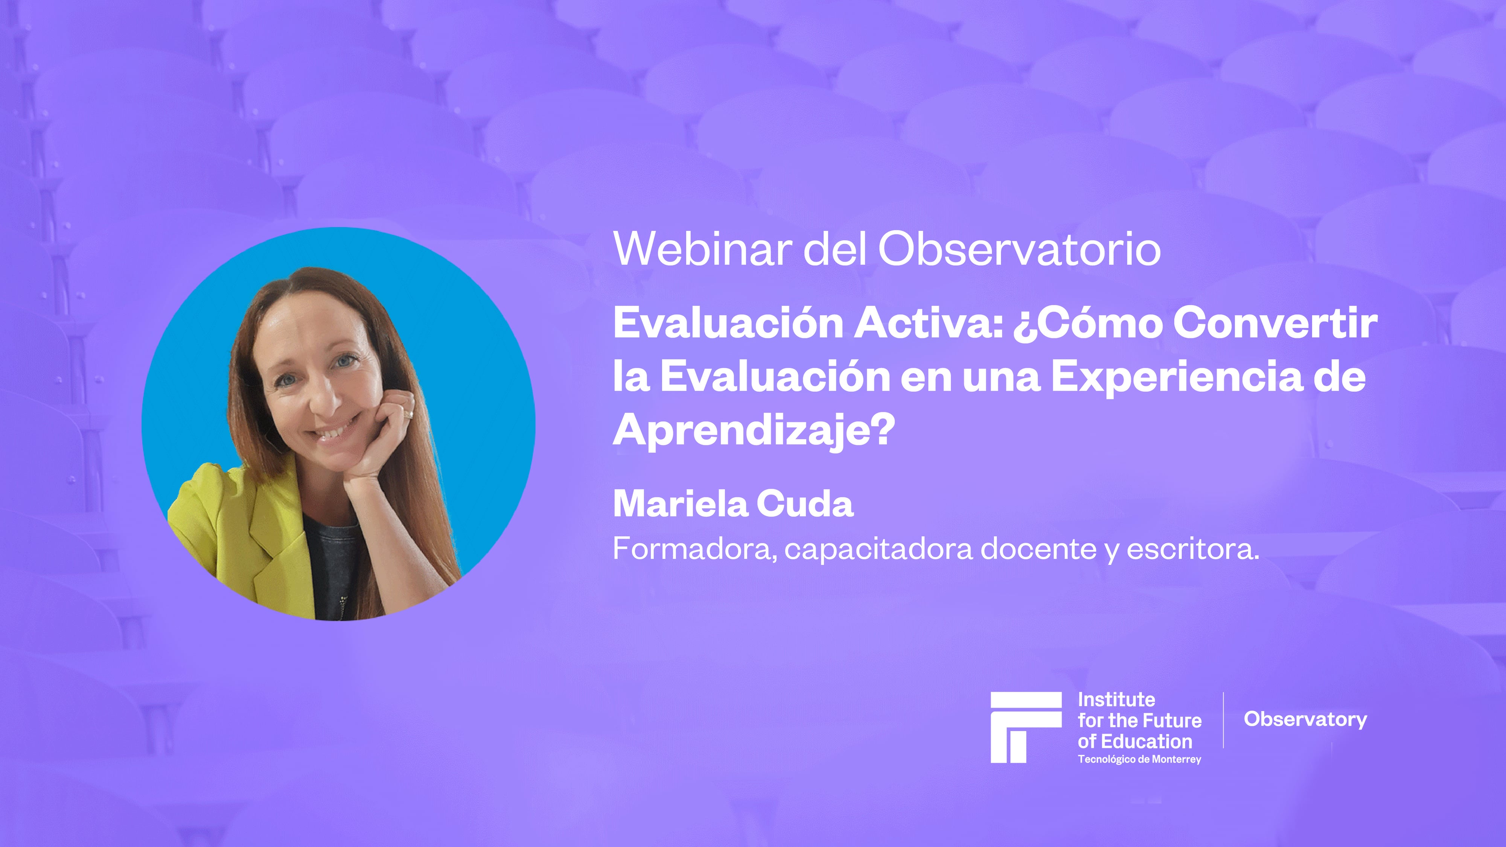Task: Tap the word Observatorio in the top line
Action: [x=1019, y=249]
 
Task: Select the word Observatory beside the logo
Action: [x=1305, y=719]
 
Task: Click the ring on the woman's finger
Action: [x=409, y=414]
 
